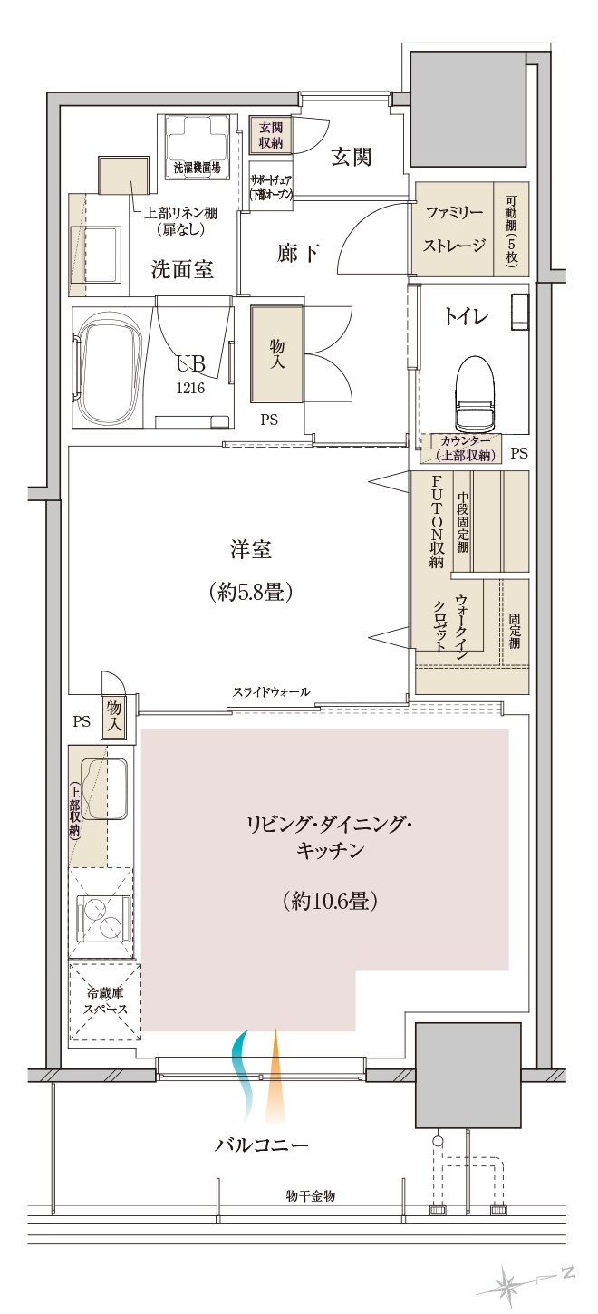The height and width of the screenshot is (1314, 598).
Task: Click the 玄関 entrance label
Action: (351, 157)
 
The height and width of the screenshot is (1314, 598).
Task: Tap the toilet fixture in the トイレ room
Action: (477, 395)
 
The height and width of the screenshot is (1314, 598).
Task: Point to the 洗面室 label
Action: (181, 269)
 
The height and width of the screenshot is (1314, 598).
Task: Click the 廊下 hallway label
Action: (298, 253)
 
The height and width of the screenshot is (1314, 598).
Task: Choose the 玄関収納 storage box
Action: (270, 135)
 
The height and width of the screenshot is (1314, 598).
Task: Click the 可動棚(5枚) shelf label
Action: (511, 228)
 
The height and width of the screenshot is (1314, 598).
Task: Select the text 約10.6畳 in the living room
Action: (329, 901)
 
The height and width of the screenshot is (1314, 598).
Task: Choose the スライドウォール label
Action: (271, 692)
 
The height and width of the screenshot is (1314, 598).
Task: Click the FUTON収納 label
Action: (436, 522)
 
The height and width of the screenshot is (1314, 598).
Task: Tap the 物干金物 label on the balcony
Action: (310, 1196)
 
